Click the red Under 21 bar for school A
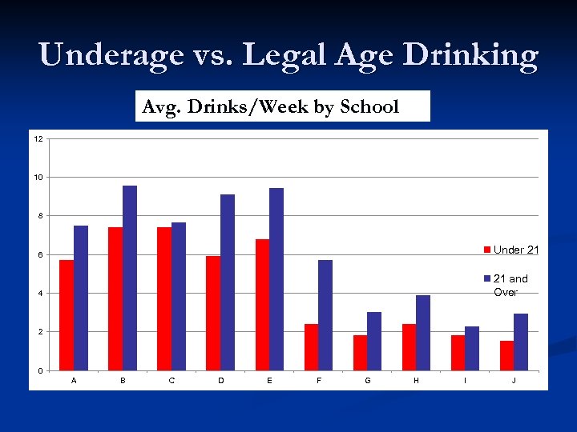pyautogui.click(x=67, y=315)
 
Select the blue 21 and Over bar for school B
pyautogui.click(x=130, y=278)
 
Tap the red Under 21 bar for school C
pyautogui.click(x=164, y=298)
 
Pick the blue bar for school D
pyautogui.click(x=228, y=282)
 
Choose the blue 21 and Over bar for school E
pyautogui.click(x=276, y=279)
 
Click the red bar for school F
pyautogui.click(x=311, y=347)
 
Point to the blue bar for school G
pyautogui.click(x=374, y=341)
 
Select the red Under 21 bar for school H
pyautogui.click(x=409, y=347)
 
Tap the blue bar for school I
pyautogui.click(x=472, y=348)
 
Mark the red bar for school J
pyautogui.click(x=506, y=355)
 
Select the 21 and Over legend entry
pyautogui.click(x=510, y=285)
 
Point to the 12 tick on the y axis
pyautogui.click(x=38, y=138)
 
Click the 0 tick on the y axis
pyautogui.click(x=40, y=370)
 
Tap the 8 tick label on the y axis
pyautogui.click(x=40, y=216)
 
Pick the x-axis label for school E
pyautogui.click(x=269, y=381)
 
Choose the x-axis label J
pyautogui.click(x=514, y=381)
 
